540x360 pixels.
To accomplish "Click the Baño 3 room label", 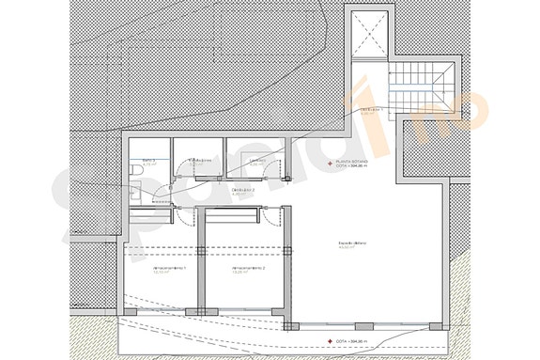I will pyautogui.click(x=148, y=162).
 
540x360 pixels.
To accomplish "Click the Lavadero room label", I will pyautogui.click(x=255, y=162).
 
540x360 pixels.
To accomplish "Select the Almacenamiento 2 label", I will pyautogui.click(x=249, y=269).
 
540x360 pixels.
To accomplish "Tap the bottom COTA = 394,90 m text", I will pyautogui.click(x=354, y=340).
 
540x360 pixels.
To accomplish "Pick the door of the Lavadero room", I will pyautogui.click(x=278, y=169).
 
